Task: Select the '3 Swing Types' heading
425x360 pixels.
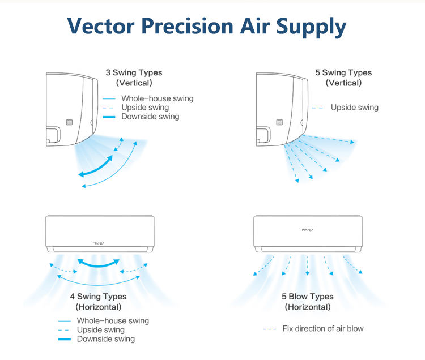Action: click(134, 72)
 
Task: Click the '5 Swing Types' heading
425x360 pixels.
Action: click(343, 72)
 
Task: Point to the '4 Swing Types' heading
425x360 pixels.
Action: click(99, 297)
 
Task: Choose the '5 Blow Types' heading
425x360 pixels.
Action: click(308, 297)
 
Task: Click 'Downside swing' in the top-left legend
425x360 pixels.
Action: click(150, 117)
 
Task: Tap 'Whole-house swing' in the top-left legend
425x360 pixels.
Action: click(157, 98)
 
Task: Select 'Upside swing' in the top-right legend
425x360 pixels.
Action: click(354, 108)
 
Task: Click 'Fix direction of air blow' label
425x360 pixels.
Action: click(323, 328)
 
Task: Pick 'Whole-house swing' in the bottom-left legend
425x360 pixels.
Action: click(113, 320)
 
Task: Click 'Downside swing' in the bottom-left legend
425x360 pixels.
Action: click(106, 338)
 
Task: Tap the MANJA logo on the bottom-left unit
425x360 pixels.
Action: click(99, 243)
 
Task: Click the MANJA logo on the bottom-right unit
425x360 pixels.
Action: click(307, 230)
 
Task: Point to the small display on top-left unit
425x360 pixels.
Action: click(69, 122)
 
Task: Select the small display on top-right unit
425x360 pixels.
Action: click(279, 122)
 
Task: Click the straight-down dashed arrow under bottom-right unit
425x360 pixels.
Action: click(307, 265)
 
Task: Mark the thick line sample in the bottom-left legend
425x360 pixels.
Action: click(64, 339)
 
